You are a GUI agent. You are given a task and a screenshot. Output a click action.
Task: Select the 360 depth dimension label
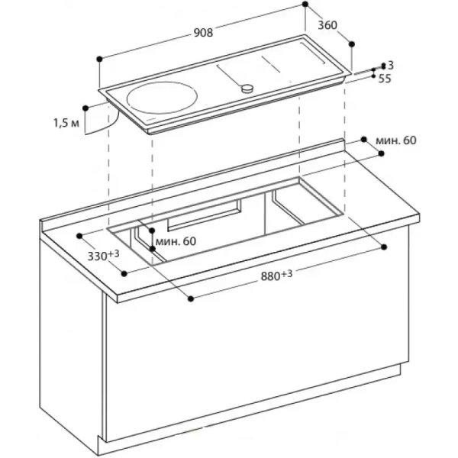point(327,25)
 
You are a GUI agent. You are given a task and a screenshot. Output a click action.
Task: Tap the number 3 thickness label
point(390,65)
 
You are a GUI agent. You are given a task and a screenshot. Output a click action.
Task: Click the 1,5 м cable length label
point(66,121)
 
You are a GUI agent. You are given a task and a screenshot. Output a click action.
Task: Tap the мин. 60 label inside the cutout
point(176,241)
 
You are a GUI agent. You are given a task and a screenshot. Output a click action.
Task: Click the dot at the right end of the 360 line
point(352,43)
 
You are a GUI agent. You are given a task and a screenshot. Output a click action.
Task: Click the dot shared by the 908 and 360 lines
point(305,5)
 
